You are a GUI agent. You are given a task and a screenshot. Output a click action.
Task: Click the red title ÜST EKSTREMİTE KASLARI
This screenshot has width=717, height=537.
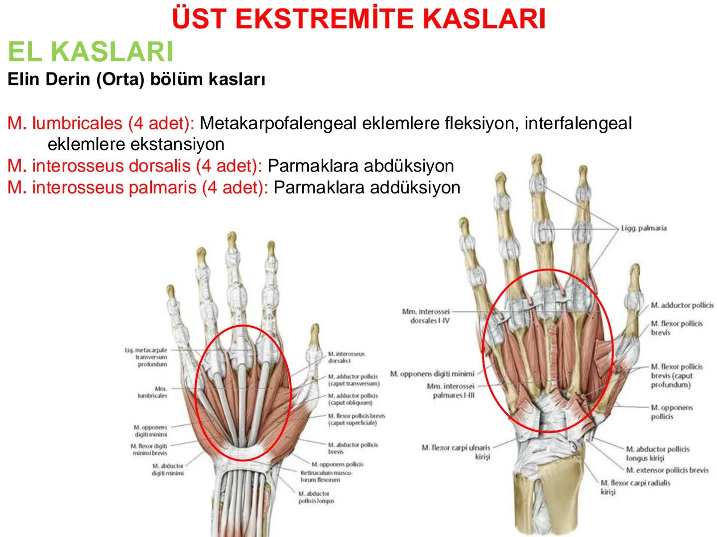[358, 19]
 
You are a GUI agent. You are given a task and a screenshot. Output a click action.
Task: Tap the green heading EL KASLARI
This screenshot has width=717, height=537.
[91, 51]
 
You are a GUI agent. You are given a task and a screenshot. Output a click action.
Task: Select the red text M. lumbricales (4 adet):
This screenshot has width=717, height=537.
[101, 123]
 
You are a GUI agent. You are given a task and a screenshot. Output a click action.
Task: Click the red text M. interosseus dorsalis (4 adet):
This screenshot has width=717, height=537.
[134, 166]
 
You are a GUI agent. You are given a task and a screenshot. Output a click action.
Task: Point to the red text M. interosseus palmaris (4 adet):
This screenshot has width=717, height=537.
[137, 187]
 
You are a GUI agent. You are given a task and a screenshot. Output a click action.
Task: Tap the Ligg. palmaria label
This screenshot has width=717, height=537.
[644, 228]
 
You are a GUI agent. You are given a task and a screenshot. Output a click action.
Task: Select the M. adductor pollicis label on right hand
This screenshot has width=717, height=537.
[682, 305]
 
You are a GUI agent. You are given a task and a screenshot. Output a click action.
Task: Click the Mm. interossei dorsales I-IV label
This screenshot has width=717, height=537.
[426, 316]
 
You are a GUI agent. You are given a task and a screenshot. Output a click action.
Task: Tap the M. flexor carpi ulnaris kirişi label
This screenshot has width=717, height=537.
[456, 452]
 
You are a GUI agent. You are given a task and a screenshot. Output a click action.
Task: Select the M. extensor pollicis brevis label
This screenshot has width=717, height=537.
[667, 470]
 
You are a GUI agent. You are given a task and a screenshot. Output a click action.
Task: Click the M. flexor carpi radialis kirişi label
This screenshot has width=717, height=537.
[635, 487]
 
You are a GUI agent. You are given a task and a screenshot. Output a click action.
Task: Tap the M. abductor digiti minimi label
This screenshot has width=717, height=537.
[168, 469]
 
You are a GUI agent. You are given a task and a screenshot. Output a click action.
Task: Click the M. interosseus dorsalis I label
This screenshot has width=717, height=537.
[346, 357]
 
